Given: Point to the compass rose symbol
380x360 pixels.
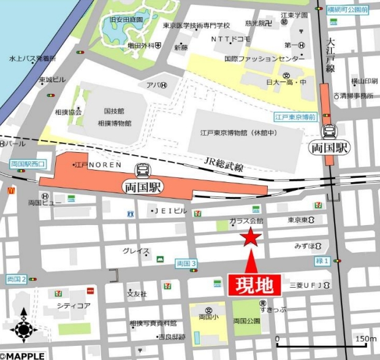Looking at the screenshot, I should coord(23,329).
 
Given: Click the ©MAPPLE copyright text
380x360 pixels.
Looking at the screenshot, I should coord(23,355).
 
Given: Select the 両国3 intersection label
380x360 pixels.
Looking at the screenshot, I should coord(185,263).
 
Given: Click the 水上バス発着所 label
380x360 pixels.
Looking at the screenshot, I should coord(32,59).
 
